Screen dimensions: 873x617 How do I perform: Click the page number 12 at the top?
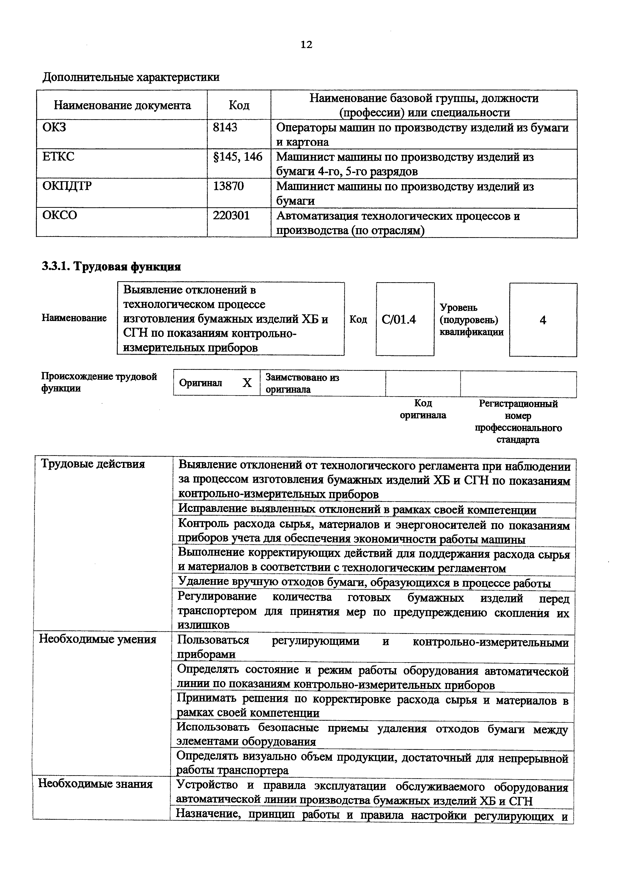pos(306,45)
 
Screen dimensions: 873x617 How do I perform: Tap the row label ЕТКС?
pos(58,157)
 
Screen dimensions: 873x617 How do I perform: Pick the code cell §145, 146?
pos(238,157)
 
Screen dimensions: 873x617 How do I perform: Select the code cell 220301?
pos(231,216)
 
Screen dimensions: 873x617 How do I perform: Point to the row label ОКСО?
pos(60,216)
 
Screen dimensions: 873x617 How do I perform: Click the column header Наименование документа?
pos(122,105)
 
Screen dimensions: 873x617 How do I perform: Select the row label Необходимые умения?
pos(98,639)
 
